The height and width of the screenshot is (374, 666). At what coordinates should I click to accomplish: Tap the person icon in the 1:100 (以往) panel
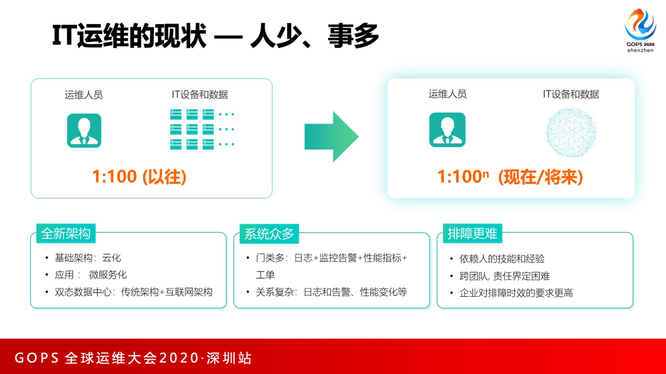[x=84, y=130]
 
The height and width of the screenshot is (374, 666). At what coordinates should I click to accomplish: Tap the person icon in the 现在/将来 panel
[x=447, y=130]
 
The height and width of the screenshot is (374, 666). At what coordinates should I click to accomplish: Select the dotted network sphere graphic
[x=571, y=132]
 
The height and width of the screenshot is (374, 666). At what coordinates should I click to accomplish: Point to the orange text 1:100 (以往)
[x=139, y=177]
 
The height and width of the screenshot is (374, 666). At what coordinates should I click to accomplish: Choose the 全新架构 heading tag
[x=66, y=234]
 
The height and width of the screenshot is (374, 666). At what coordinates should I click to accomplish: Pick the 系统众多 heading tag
[x=269, y=234]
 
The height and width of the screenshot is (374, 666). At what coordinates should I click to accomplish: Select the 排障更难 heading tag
[x=472, y=234]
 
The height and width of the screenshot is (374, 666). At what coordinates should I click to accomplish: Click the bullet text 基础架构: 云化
[x=88, y=258]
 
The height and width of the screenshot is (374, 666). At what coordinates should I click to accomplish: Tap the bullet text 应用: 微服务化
[x=91, y=275]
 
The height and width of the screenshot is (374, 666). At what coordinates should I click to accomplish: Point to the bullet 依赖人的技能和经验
[x=502, y=259]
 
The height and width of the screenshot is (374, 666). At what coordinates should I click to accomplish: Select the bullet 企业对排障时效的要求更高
[x=516, y=293]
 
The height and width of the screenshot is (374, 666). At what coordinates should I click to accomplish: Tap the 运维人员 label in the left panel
[x=84, y=95]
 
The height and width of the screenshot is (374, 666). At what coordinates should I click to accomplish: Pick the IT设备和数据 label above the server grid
[x=200, y=95]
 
